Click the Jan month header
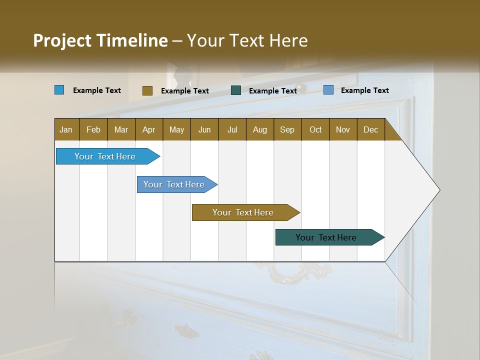coord(66,129)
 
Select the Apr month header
coord(148,129)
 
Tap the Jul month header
coord(232,129)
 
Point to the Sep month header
coord(287,129)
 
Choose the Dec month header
coord(370,129)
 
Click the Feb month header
coord(93,129)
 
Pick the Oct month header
coord(315,129)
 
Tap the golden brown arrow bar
coord(243,212)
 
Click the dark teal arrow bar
coord(326,237)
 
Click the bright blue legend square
coord(59,90)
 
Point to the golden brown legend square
coord(147,90)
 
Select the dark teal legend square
coord(236,90)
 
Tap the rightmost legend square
coord(328,90)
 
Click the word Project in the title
coord(61,40)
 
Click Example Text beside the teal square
coord(272,90)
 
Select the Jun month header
coord(204,129)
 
